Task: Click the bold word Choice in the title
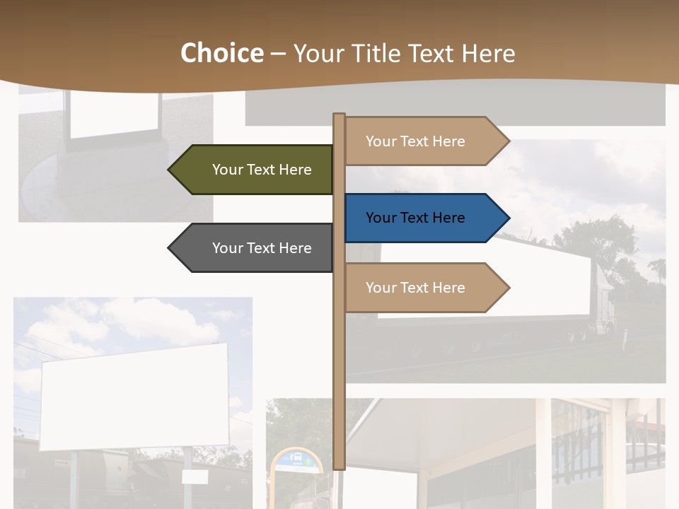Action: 221,54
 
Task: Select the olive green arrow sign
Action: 255,170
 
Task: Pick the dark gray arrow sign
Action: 255,248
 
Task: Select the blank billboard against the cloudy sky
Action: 134,396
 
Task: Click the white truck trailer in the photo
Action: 488,283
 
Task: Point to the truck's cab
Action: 603,297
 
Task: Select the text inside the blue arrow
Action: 415,218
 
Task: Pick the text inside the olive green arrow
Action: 262,170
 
